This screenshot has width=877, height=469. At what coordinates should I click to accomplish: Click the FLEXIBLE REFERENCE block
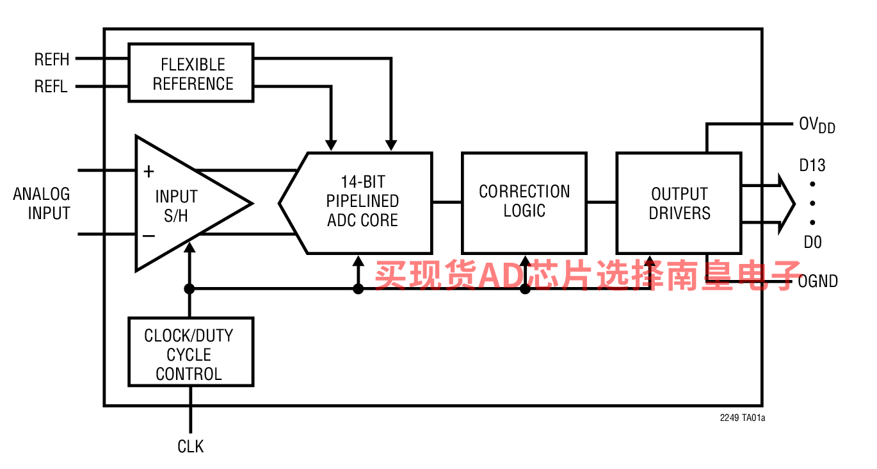191,73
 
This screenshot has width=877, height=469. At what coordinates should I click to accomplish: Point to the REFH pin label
52,60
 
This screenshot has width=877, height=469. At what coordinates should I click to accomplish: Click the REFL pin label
51,86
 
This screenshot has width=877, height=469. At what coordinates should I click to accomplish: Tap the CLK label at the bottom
191,447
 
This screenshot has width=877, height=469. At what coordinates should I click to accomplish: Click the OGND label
817,281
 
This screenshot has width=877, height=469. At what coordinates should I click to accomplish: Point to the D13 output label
812,165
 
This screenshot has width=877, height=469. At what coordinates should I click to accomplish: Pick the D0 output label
812,242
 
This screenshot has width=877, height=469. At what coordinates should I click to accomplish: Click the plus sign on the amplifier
149,171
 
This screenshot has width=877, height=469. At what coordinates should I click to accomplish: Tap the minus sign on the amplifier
149,236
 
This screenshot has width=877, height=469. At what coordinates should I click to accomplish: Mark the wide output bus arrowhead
786,204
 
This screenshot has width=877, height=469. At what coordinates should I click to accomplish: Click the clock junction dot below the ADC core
358,289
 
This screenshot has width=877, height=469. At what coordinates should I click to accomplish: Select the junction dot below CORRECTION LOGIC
525,289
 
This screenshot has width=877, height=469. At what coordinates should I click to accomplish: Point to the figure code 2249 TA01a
743,418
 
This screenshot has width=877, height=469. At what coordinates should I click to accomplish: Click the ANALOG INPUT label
42,204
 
